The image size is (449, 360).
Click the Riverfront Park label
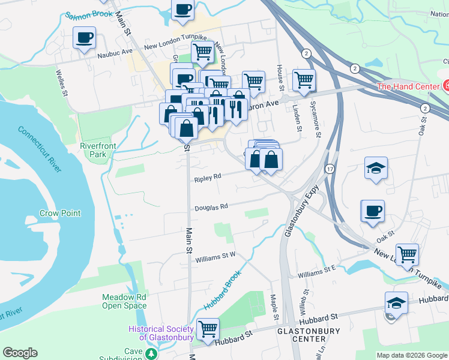(93, 149)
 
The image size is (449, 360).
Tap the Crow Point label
(59, 213)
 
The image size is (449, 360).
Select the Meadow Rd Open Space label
(124, 301)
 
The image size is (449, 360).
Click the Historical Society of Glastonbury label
(161, 332)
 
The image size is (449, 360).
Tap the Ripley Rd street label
(208, 178)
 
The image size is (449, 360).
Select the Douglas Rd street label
(211, 208)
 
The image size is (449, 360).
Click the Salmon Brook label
(89, 14)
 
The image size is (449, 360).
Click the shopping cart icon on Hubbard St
(208, 328)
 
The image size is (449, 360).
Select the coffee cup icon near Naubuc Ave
(85, 38)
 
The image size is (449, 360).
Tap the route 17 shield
(330, 170)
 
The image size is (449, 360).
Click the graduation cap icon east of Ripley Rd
(376, 167)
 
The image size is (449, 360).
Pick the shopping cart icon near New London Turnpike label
(408, 254)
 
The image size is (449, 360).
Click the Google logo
(20, 353)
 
